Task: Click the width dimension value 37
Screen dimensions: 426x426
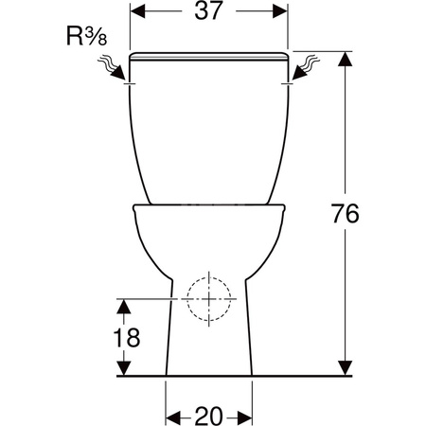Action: (208, 10)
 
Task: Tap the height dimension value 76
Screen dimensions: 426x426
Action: (345, 213)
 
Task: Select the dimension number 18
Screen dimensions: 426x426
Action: (127, 337)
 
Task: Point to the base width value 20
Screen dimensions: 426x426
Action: (209, 416)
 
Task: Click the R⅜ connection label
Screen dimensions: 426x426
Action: (87, 36)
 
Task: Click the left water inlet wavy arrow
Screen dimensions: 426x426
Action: (112, 67)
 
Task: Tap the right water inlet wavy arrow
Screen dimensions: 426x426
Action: (306, 67)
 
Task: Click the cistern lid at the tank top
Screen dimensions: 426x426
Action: (208, 56)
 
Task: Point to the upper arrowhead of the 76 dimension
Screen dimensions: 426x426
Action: (345, 59)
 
